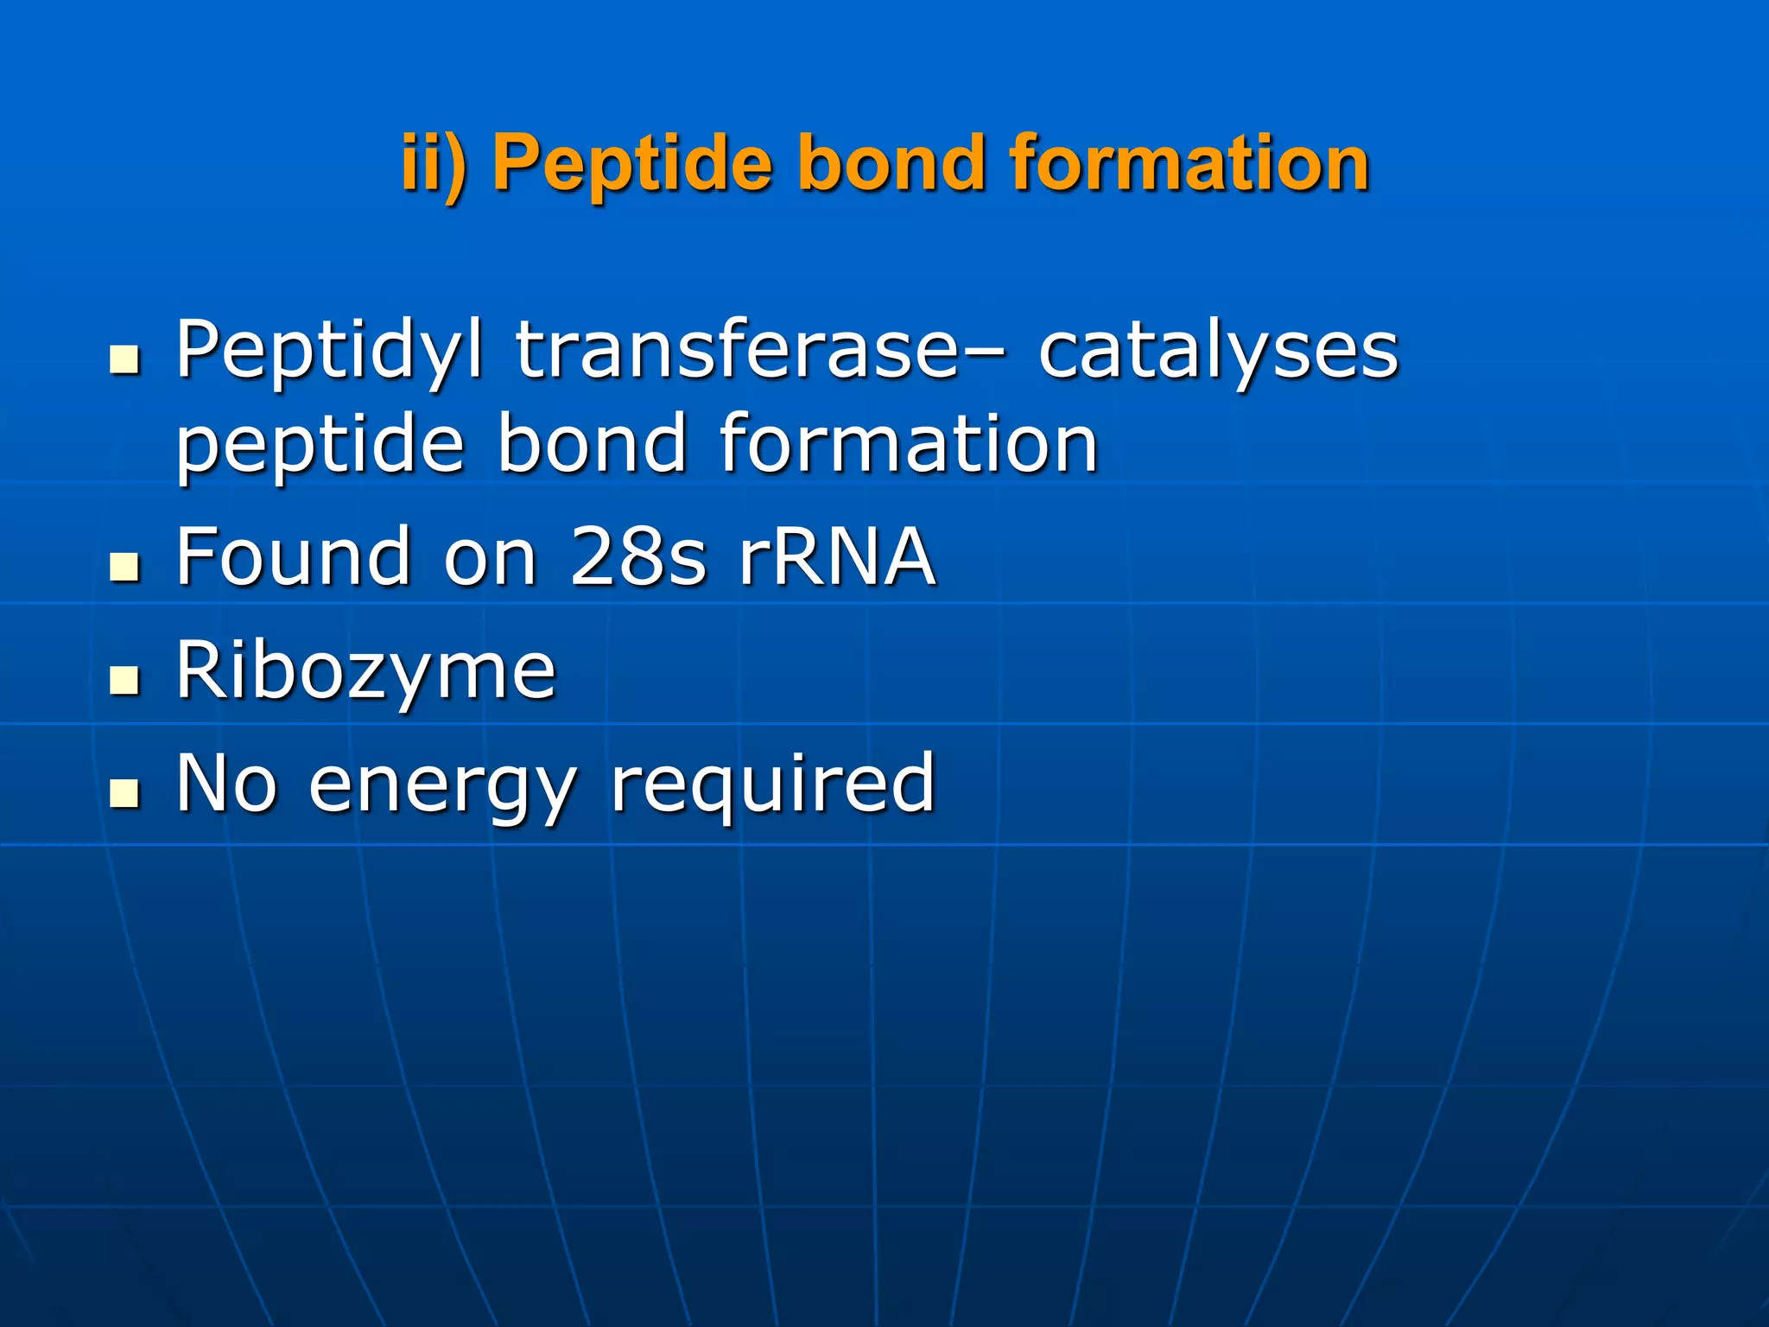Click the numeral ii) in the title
[436, 163]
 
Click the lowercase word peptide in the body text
[320, 446]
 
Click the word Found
[293, 556]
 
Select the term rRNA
[837, 556]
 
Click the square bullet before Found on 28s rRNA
[125, 568]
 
